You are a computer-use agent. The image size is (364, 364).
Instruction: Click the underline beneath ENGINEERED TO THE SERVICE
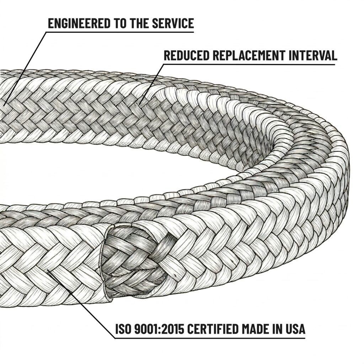click(x=121, y=32)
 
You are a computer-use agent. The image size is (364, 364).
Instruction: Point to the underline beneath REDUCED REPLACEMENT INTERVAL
click(x=249, y=65)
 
